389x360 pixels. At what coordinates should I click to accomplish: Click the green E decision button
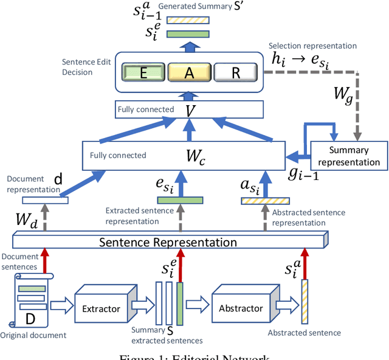[x=143, y=73]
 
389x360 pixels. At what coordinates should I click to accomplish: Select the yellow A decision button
[x=188, y=73]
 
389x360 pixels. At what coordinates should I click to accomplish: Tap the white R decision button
[x=234, y=73]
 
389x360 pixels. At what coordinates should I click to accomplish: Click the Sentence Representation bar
[x=168, y=241]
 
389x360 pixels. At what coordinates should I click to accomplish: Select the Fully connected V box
[x=188, y=109]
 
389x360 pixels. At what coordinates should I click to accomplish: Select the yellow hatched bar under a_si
[x=264, y=200]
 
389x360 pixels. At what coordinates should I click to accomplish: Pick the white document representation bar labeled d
[x=45, y=200]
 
